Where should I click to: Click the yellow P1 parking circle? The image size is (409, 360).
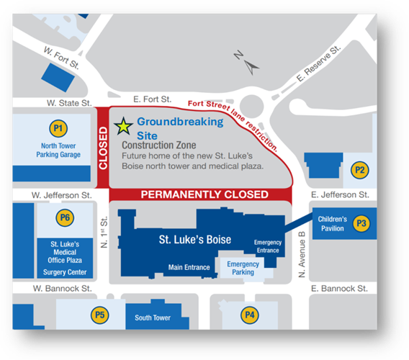coord(58,130)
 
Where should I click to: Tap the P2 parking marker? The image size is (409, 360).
coord(359,170)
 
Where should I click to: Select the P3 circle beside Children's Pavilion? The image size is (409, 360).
coord(361,224)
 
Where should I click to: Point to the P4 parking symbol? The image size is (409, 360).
coord(250,315)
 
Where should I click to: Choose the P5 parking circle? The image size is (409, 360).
coord(99,315)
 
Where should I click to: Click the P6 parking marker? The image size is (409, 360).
coord(66,217)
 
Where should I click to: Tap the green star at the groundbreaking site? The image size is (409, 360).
coord(124,127)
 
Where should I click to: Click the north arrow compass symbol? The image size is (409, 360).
coord(250,66)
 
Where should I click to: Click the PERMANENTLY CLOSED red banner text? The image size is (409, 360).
coord(204,194)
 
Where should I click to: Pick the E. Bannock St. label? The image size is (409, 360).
coord(340,289)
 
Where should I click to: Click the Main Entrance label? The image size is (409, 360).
coord(189,268)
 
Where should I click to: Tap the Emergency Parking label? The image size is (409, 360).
coord(243,268)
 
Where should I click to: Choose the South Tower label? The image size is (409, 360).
coord(153,318)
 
